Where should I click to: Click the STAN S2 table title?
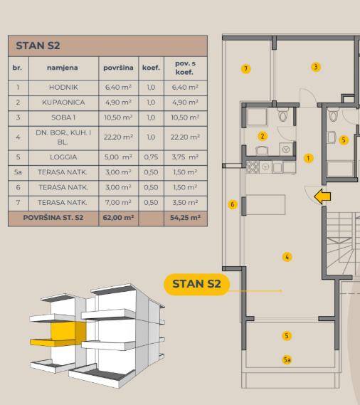tap(38, 46)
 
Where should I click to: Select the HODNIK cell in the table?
tap(63, 88)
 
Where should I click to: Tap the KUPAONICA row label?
tap(63, 102)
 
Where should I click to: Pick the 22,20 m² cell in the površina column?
tap(118, 137)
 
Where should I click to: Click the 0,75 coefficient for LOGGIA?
tap(151, 157)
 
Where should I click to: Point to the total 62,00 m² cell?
tap(118, 218)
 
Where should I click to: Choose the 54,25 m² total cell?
tap(185, 218)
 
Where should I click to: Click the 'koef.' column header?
tap(151, 68)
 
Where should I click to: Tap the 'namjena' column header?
tap(62, 68)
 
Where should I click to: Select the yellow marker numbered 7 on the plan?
tap(245, 69)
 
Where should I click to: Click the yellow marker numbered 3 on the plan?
tap(316, 67)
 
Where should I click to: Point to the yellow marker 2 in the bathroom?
tap(263, 136)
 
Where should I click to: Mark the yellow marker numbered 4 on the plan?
tap(287, 257)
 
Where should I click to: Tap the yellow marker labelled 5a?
tap(287, 359)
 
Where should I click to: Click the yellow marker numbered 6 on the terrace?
tap(233, 204)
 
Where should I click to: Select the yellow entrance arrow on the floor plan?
tap(322, 196)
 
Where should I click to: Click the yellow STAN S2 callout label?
tap(197, 284)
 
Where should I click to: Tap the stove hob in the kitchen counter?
tap(253, 167)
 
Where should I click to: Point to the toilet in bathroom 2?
tap(283, 115)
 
